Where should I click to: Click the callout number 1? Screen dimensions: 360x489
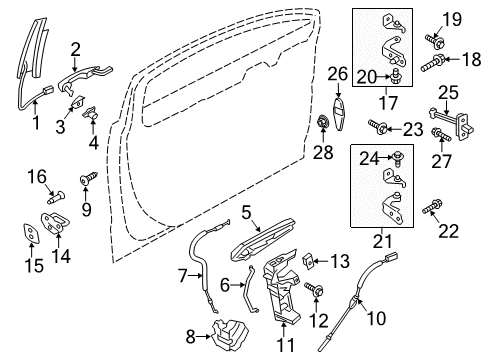point(36,125)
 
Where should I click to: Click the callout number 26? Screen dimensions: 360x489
point(339,72)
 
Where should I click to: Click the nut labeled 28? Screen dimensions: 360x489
point(323,123)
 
